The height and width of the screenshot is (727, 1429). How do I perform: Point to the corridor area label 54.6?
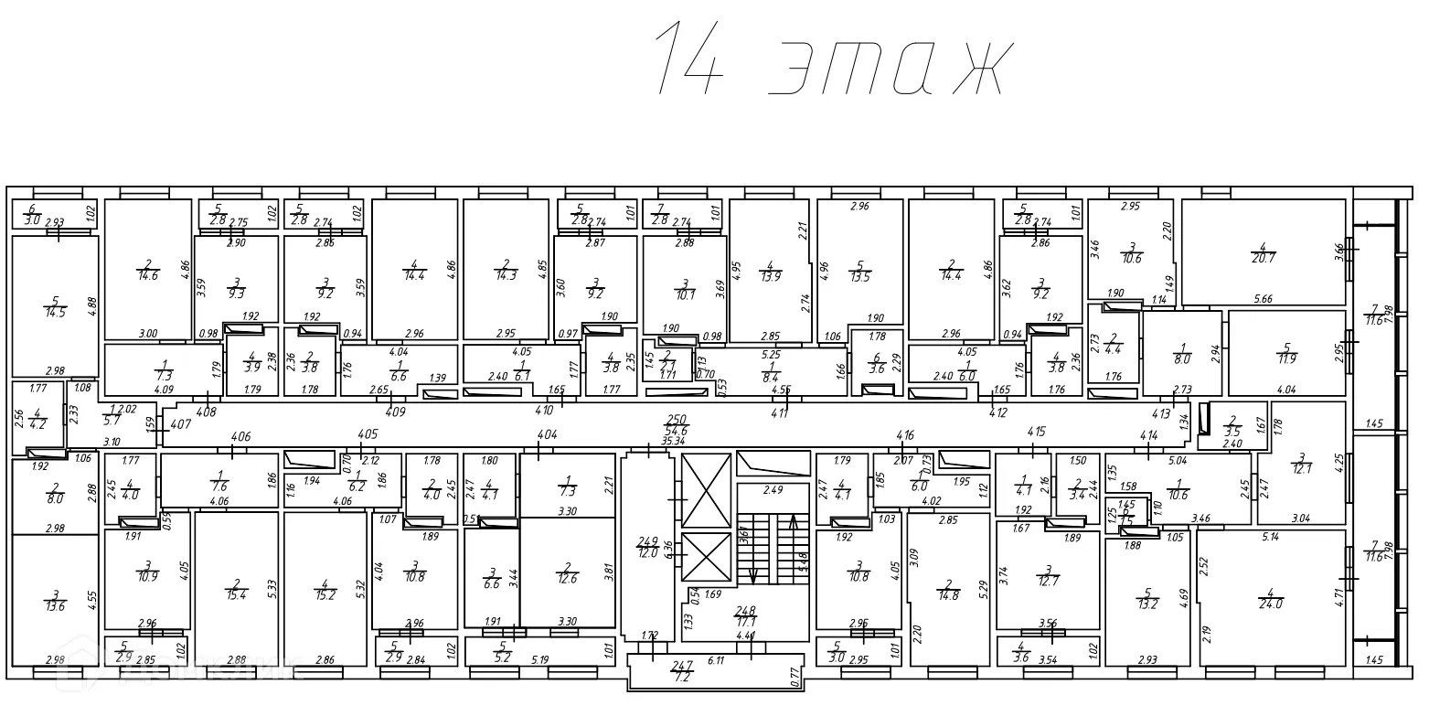click(x=677, y=429)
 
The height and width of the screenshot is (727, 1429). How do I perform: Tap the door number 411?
click(x=780, y=413)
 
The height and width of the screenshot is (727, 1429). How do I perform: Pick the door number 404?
click(x=547, y=434)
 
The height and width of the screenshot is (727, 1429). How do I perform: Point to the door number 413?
click(x=1162, y=413)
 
